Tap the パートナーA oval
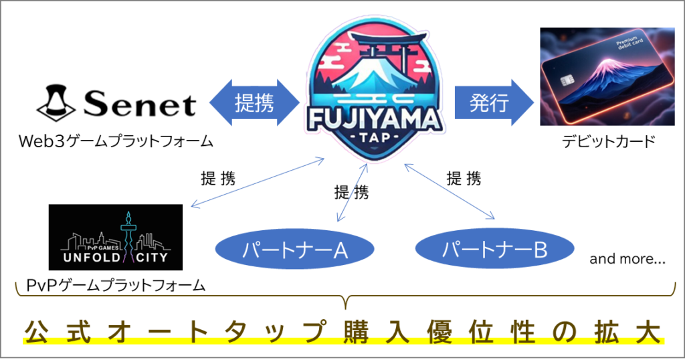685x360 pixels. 294,250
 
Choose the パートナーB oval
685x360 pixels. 495,250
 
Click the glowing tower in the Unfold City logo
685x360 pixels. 126,231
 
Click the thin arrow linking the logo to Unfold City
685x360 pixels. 258,182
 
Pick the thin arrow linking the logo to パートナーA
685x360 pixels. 353,191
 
